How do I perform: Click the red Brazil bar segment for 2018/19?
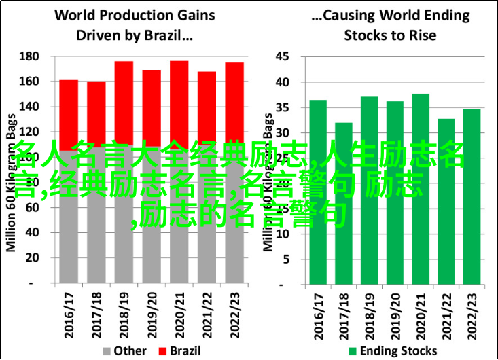(x=124, y=102)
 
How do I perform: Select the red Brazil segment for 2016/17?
(x=69, y=112)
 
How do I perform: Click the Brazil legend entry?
(x=174, y=350)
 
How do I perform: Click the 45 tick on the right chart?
(x=283, y=56)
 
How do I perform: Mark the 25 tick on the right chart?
(x=283, y=158)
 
